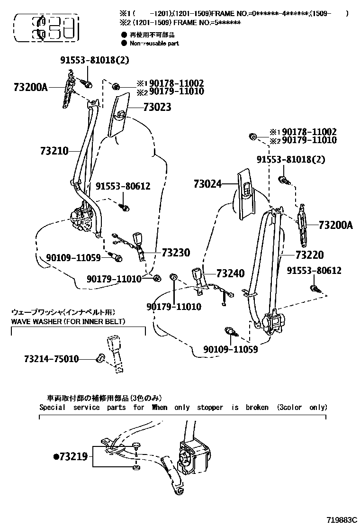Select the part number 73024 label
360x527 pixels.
(207, 183)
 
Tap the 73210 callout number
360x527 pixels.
(54, 151)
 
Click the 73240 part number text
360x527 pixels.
(230, 273)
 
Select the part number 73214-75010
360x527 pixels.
(51, 359)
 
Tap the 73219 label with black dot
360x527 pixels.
(71, 457)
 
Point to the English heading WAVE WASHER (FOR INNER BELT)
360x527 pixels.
(68, 322)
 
